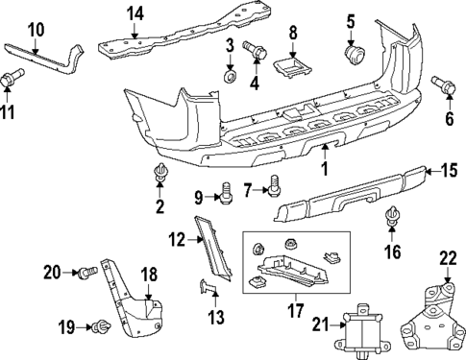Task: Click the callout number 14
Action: (x=135, y=13)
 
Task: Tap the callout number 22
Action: (x=448, y=256)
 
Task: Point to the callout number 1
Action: (x=324, y=168)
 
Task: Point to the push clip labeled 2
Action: (x=159, y=175)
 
